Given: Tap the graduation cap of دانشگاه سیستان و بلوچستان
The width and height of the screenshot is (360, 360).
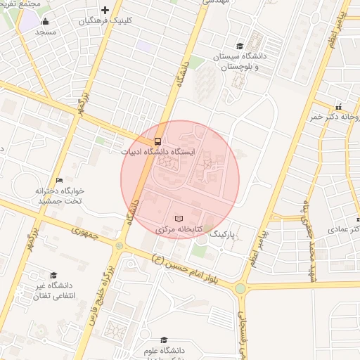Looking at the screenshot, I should tap(240, 46).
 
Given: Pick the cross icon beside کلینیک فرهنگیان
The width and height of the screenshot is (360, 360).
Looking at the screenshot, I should tap(105, 10).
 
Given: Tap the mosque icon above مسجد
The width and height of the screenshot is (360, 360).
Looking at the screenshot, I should tap(46, 21).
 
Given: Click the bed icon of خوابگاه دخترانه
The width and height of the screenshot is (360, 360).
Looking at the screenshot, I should tap(59, 180).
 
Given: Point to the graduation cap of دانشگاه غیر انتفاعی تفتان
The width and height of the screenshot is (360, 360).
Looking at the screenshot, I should tap(53, 275).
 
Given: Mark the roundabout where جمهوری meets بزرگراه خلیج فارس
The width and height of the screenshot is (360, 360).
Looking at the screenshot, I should tap(119, 245).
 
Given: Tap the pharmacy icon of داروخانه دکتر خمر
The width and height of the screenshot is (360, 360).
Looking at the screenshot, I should tap(339, 107).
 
